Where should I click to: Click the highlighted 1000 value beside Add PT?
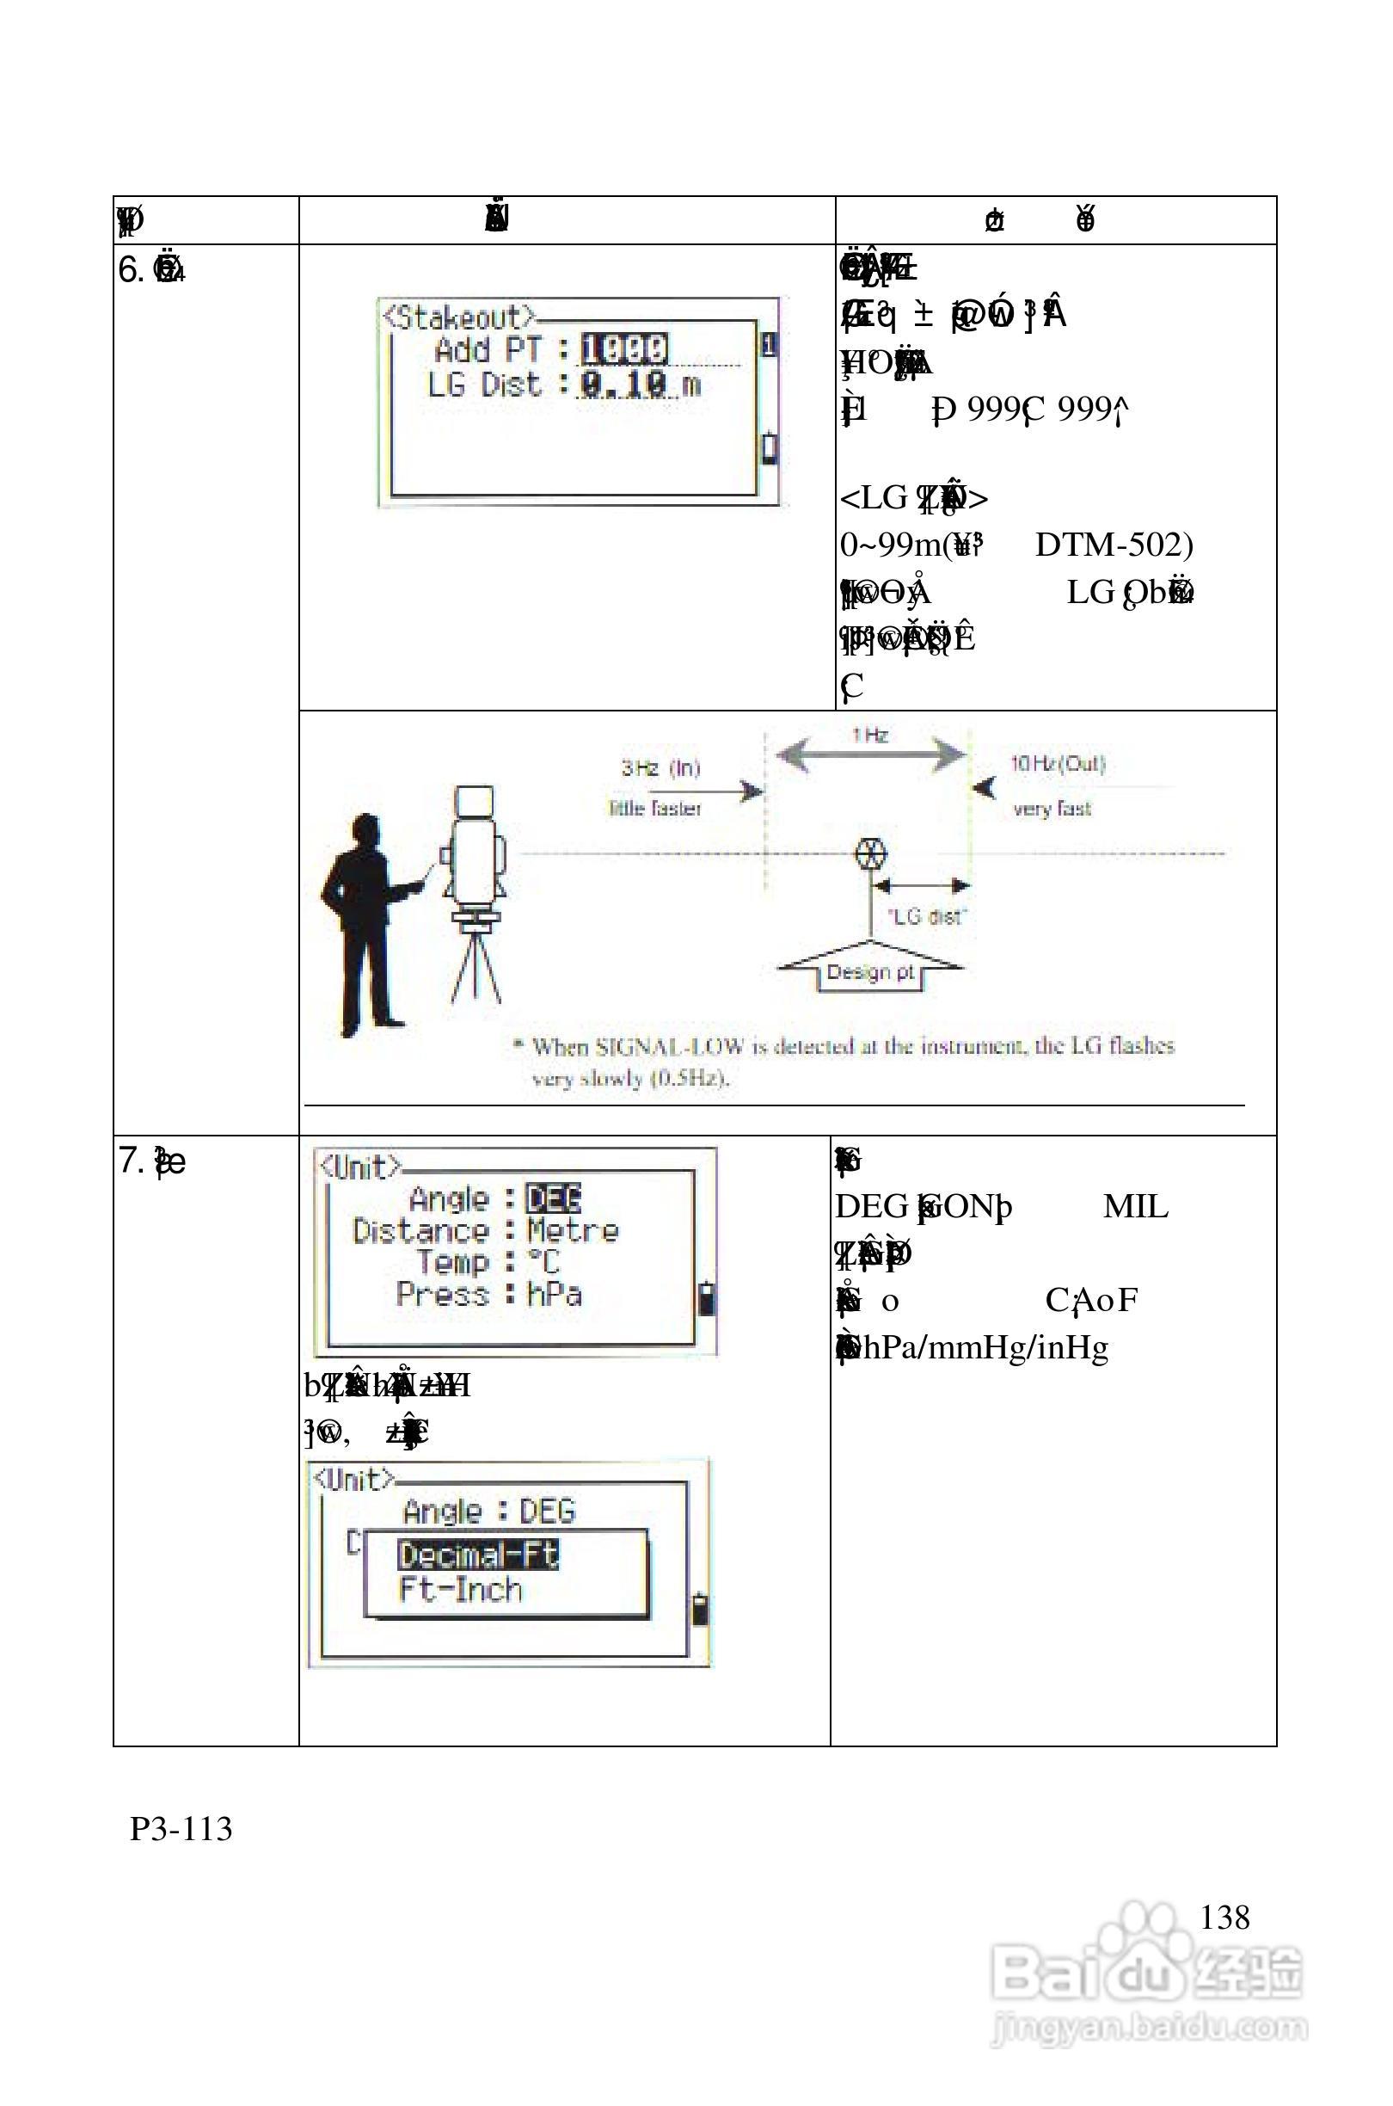point(623,348)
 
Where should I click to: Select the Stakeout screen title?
point(459,317)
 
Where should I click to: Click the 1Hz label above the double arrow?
point(869,735)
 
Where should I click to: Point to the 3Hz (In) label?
point(660,767)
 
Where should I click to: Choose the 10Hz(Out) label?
point(1057,764)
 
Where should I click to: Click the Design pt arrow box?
point(870,972)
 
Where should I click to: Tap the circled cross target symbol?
point(870,855)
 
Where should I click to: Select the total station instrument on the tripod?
point(476,853)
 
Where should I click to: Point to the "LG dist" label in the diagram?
point(927,916)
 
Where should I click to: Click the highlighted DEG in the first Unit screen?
point(554,1198)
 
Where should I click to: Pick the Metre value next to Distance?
point(572,1231)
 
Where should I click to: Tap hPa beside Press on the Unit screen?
point(555,1294)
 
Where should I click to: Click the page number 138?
point(1224,1917)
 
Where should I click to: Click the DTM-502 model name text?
point(1114,544)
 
